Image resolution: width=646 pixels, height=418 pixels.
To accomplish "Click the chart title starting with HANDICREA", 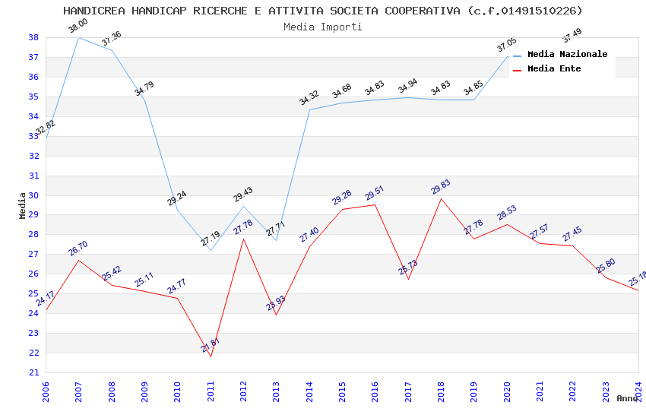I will tap(323, 11).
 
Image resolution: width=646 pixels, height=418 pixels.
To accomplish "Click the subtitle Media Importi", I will tap(323, 27).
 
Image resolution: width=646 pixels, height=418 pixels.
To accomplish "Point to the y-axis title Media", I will tap(23, 205).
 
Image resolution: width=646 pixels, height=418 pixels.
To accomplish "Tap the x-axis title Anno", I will tap(627, 398).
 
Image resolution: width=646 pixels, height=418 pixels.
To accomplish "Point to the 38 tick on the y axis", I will tap(33, 37).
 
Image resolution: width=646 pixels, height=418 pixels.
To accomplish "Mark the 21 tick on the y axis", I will tap(33, 372).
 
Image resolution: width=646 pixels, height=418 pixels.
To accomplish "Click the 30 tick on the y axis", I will tap(33, 195).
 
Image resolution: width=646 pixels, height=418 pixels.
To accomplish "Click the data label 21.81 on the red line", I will tap(211, 345).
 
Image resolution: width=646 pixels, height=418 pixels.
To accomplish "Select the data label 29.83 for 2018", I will tap(441, 187).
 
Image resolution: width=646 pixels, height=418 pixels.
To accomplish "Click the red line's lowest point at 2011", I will tap(211, 356).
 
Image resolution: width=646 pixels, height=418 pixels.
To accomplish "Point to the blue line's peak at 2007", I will tap(78, 37).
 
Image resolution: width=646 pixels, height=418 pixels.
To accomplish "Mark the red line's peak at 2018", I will tap(441, 198).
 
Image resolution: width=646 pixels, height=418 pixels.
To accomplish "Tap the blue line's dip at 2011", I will tap(211, 250).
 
